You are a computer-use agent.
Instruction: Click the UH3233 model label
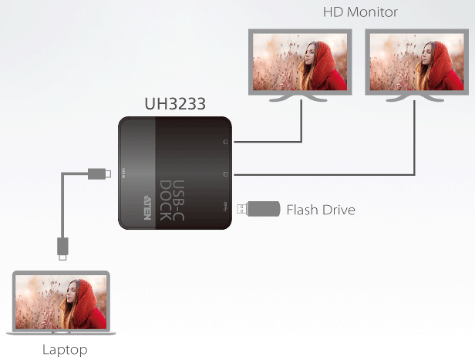coord(175,103)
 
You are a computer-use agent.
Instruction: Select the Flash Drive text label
coord(321,209)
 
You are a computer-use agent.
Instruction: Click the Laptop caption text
coord(65,350)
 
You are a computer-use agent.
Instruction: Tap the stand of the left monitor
coord(300,98)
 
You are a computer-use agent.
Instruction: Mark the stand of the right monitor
coord(416,98)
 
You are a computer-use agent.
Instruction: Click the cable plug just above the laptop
coord(63,246)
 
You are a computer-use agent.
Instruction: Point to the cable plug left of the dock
coord(98,173)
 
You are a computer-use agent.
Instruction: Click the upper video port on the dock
coord(225,142)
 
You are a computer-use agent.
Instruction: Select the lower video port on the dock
coord(225,175)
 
